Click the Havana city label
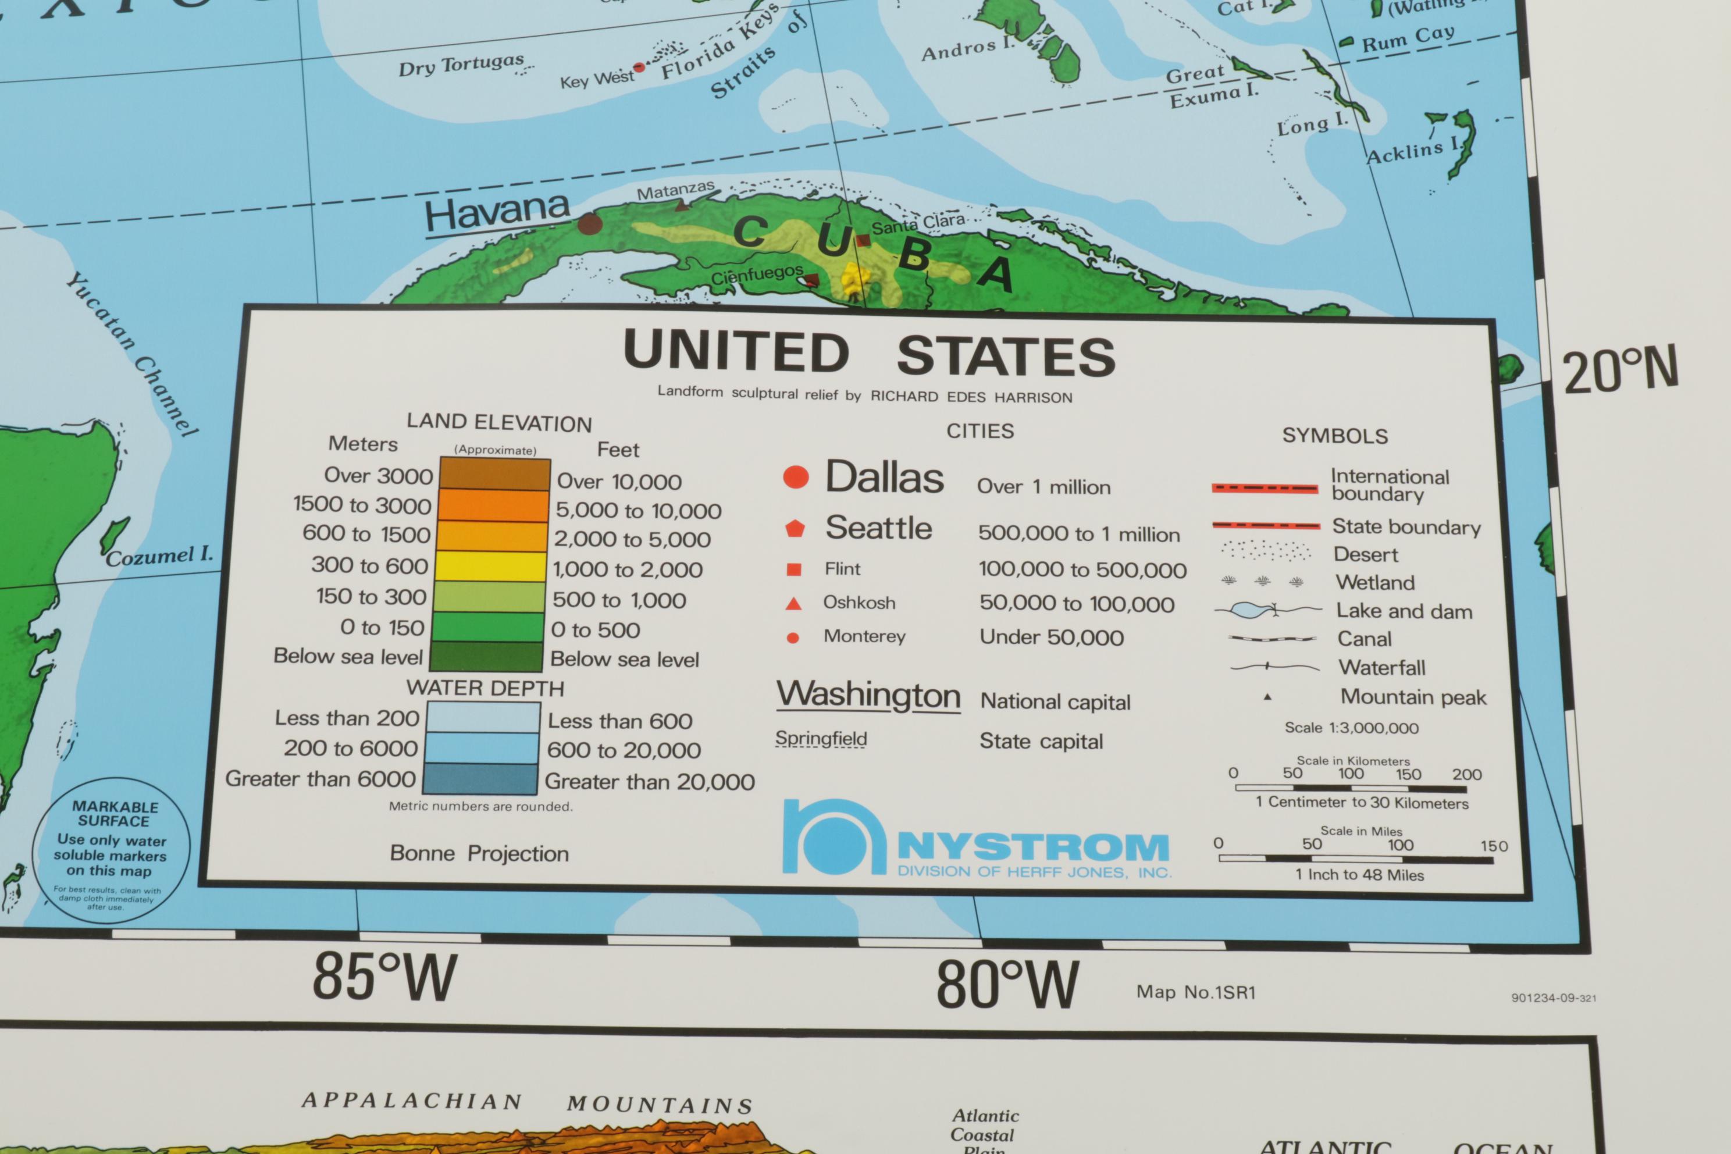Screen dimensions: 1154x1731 coord(497,213)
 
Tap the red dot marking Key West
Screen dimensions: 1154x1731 coord(639,67)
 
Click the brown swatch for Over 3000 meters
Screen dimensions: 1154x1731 coord(494,474)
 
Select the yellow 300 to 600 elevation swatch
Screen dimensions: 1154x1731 coord(490,566)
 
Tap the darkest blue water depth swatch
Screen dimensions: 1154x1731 coord(480,779)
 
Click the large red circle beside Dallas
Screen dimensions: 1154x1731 coord(796,477)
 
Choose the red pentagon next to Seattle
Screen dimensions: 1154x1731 coord(795,528)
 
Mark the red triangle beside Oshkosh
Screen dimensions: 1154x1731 coord(793,604)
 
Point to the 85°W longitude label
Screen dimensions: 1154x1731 coord(384,977)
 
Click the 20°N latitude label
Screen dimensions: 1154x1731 coord(1620,370)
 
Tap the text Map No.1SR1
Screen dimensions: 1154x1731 coord(1196,992)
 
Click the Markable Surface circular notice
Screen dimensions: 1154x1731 coord(112,850)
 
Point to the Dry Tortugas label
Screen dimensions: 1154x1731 coord(461,66)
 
